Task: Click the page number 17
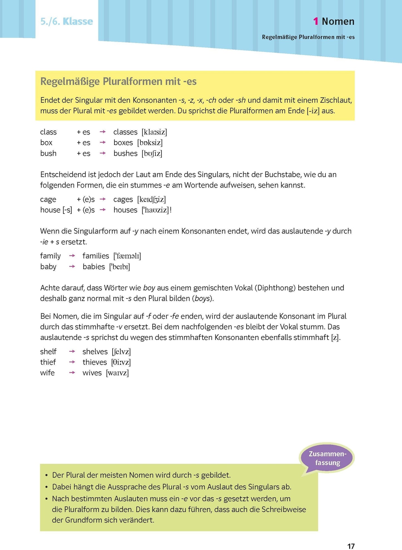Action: tap(351, 546)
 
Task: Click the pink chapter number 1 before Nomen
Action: tap(315, 21)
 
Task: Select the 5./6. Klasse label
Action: tap(66, 21)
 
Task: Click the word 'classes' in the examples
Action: tap(125, 132)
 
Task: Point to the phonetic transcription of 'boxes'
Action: tap(150, 143)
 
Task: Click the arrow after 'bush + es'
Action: tap(103, 153)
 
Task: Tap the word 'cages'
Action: tap(123, 199)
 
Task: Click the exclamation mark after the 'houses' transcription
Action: tap(171, 210)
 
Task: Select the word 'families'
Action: tap(96, 256)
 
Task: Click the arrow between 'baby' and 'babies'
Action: tap(72, 267)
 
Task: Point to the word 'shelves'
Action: tap(95, 352)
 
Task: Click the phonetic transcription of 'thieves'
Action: tap(121, 362)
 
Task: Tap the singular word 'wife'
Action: tap(47, 373)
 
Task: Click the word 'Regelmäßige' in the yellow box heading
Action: tap(70, 81)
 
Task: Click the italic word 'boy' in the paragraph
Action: tap(149, 288)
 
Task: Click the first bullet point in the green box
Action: tap(46, 476)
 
